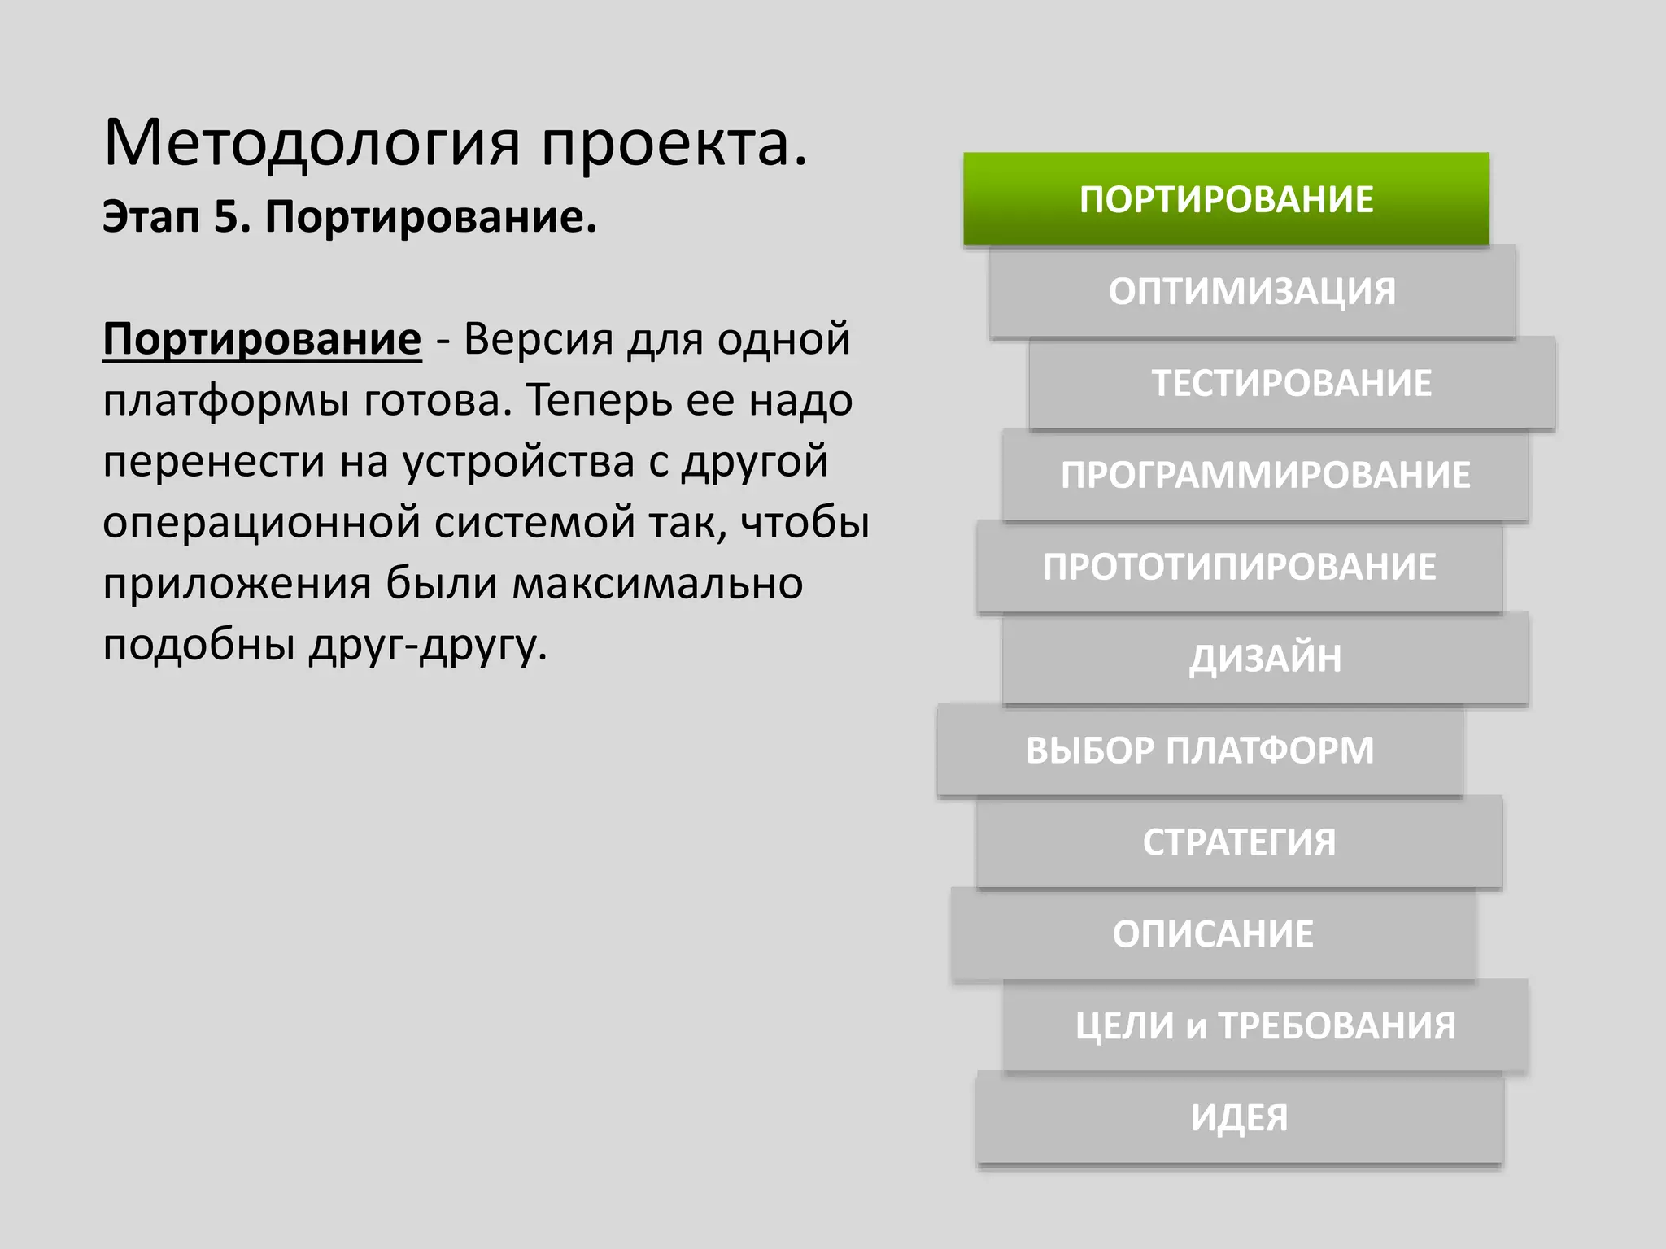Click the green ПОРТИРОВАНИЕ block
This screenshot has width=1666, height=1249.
(x=1226, y=199)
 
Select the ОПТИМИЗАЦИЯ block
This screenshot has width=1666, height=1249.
(x=1252, y=291)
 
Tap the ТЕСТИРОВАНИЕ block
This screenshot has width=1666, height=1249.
(x=1291, y=383)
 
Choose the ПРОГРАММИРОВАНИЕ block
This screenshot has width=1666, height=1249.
(x=1265, y=475)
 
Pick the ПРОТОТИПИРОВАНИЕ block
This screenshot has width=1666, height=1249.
(x=1239, y=567)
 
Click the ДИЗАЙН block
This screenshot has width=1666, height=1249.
(x=1265, y=659)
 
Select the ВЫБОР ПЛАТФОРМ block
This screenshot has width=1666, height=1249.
(x=1200, y=751)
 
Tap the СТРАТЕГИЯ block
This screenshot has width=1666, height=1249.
(x=1239, y=842)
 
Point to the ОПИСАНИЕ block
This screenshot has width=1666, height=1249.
(x=1213, y=934)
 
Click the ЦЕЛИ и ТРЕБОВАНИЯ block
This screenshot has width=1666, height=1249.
(x=1265, y=1026)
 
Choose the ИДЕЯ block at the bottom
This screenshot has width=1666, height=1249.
(x=1239, y=1118)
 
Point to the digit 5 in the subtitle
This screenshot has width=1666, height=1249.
(x=225, y=217)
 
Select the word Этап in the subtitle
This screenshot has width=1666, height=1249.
(x=150, y=217)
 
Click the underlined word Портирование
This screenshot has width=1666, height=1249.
(x=262, y=339)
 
